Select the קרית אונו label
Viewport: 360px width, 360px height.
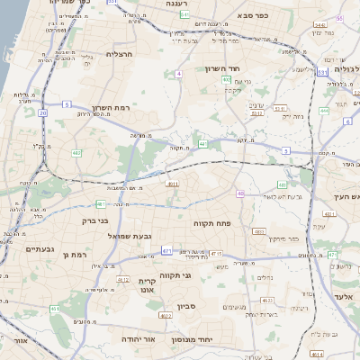[148, 284]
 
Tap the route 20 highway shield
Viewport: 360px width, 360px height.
[43, 112]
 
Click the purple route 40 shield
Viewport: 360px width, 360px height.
[240, 193]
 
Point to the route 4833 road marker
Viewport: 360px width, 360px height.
[259, 232]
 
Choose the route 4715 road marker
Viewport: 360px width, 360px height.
[216, 254]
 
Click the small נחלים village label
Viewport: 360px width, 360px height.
[265, 277]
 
